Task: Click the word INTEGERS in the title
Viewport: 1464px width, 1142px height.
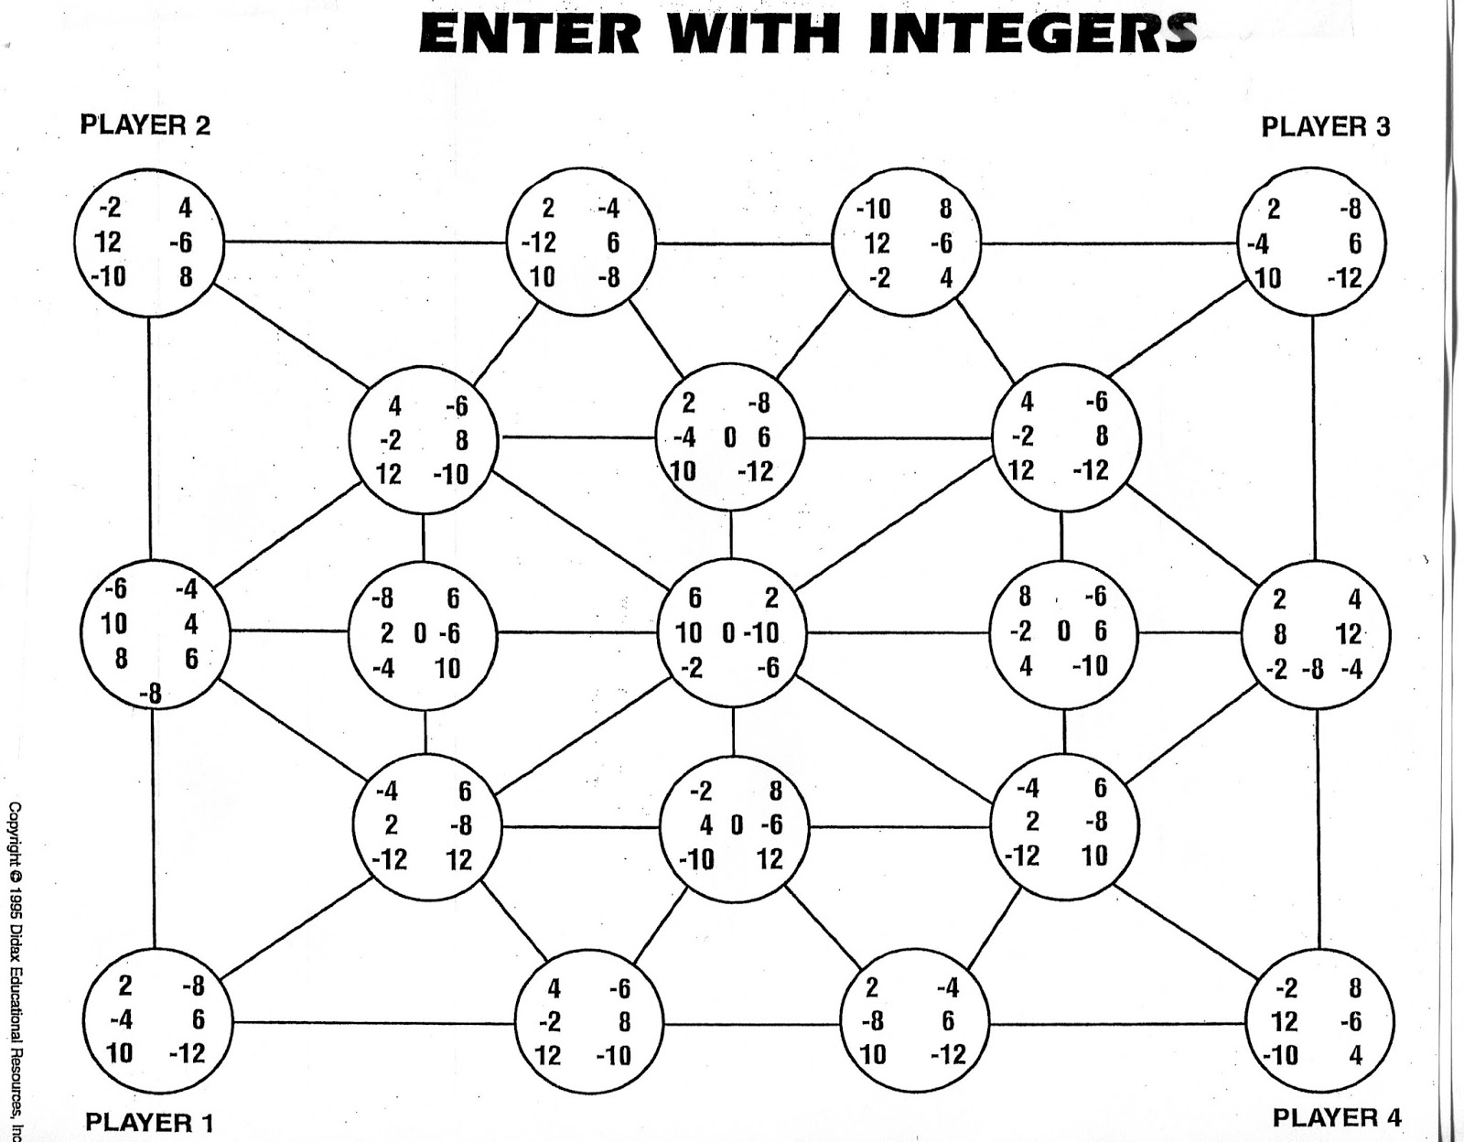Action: [x=1033, y=34]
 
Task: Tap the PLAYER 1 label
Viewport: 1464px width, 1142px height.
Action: [x=149, y=1123]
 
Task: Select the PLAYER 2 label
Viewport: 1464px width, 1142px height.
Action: [x=145, y=125]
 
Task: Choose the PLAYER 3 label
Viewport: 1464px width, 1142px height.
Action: [x=1326, y=126]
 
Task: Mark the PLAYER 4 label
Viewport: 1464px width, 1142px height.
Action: [x=1337, y=1117]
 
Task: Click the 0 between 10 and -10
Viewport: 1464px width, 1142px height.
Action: [x=728, y=633]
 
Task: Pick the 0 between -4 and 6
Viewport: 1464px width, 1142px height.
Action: [x=729, y=438]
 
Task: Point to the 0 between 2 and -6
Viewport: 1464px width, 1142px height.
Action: [x=420, y=634]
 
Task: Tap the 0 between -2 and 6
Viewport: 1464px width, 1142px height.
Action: [x=1064, y=632]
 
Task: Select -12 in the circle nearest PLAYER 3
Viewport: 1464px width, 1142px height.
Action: [x=1344, y=278]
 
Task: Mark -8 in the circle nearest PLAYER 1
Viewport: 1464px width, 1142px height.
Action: [x=193, y=986]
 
